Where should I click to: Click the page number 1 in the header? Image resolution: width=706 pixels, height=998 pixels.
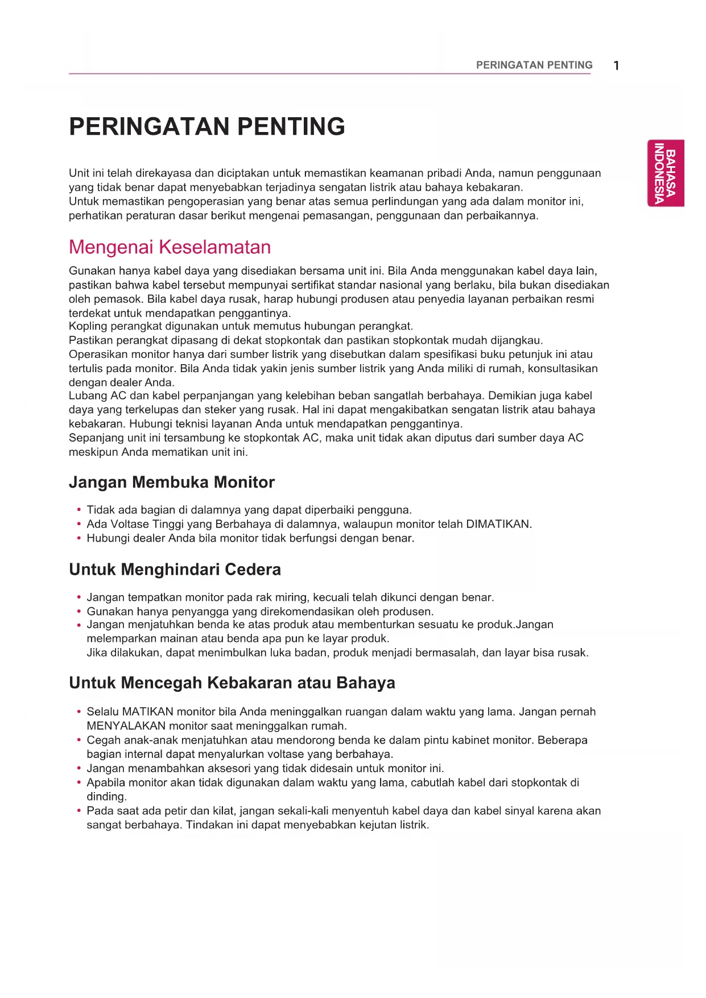point(616,65)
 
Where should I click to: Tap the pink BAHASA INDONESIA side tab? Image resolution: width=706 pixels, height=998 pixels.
point(665,173)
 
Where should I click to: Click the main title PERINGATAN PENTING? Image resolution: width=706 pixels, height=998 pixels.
point(207,126)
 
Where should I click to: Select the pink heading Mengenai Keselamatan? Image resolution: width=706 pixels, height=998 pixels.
point(170,247)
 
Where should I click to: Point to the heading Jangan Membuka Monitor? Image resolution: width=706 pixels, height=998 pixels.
point(171,482)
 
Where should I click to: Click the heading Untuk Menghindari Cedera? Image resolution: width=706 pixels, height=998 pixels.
point(175,570)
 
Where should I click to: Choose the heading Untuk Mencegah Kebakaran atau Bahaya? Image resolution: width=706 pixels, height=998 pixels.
point(232,683)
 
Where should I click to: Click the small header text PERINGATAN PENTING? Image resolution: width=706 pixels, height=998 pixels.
point(534,65)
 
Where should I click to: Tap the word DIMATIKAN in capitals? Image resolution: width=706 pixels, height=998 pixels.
point(498,524)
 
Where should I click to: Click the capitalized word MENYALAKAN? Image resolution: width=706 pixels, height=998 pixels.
point(126,726)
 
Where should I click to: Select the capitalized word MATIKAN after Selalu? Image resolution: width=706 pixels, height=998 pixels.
point(147,712)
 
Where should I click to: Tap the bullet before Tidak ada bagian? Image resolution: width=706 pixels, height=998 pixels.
point(79,510)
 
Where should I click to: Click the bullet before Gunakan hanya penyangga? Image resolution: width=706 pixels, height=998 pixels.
point(79,612)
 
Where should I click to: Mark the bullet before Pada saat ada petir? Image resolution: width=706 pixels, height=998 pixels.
point(79,811)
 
